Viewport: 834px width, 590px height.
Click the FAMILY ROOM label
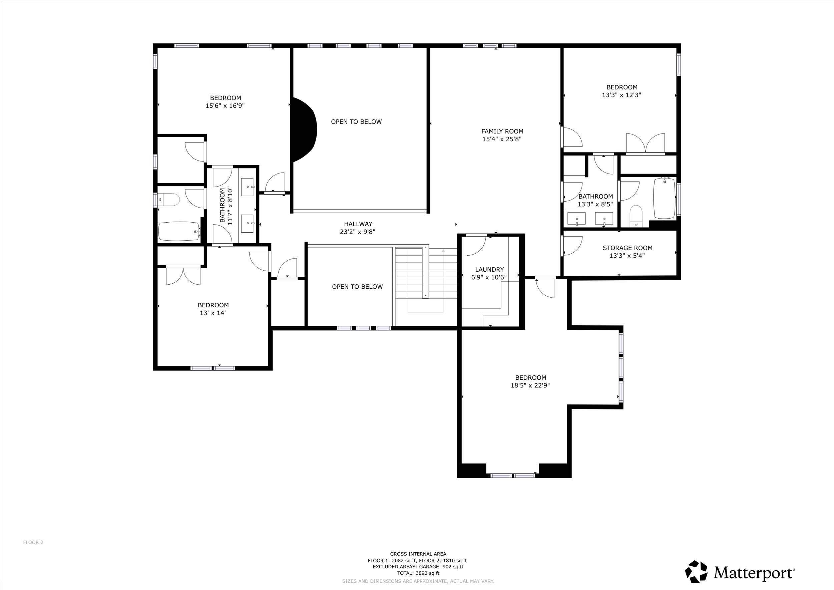[502, 131]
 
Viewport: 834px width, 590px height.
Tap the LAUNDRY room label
[489, 270]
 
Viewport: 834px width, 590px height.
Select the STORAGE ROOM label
[627, 248]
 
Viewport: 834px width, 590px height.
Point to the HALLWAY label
[358, 224]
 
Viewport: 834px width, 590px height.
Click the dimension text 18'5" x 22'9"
[530, 385]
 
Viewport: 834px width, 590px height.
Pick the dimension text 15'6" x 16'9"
[225, 106]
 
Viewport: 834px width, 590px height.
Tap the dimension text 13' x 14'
[213, 313]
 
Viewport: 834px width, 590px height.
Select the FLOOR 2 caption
[33, 542]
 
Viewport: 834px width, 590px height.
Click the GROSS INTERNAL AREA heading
[418, 554]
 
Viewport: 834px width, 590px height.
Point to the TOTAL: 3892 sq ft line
[418, 573]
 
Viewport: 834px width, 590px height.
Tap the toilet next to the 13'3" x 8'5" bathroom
[636, 216]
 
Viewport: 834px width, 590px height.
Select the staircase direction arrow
[443, 251]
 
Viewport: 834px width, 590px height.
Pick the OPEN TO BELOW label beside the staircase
[357, 287]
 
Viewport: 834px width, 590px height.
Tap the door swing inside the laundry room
[476, 246]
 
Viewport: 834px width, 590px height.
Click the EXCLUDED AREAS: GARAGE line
[418, 567]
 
